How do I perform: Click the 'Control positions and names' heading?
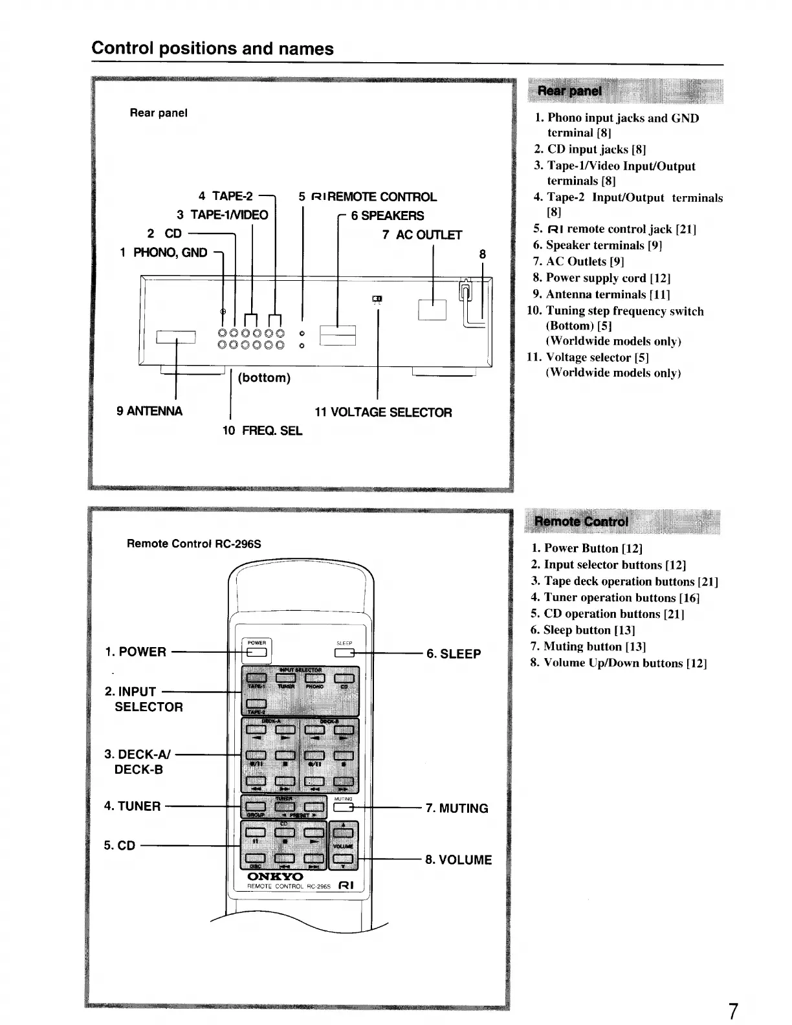(x=212, y=49)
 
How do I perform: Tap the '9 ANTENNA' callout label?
(x=149, y=411)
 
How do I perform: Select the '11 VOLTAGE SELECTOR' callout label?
(x=383, y=412)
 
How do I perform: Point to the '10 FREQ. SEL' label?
(x=262, y=430)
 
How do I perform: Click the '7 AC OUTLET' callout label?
(x=422, y=234)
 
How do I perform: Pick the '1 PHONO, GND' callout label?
(x=164, y=252)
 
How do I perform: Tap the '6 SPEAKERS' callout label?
(x=388, y=215)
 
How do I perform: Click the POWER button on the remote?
(x=257, y=652)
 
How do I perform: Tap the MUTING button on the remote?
(x=344, y=807)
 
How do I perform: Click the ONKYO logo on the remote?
(x=275, y=877)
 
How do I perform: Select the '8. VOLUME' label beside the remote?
(x=458, y=860)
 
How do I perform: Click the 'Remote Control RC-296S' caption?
(x=193, y=544)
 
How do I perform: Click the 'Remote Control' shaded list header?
(x=580, y=522)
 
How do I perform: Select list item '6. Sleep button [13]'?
(x=582, y=630)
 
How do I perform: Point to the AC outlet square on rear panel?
(x=432, y=309)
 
